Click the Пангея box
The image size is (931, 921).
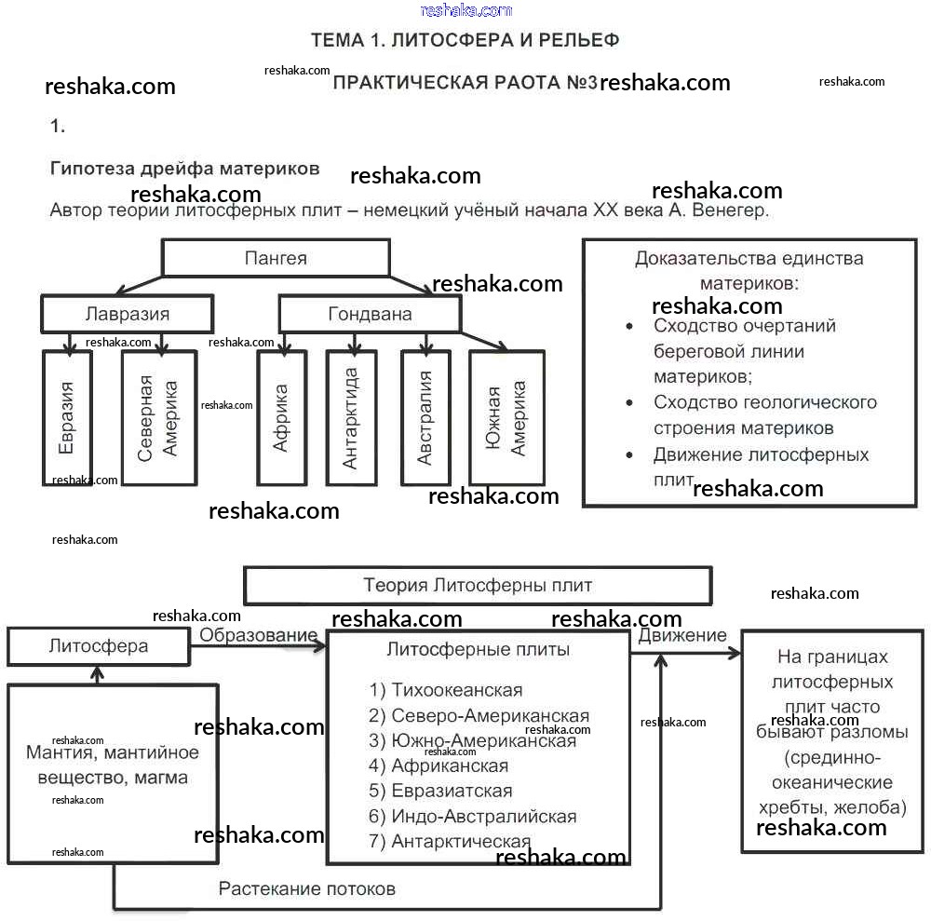tap(276, 258)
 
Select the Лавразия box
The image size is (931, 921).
tap(127, 314)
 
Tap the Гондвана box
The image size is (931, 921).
tap(370, 314)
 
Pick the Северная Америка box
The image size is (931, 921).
tap(158, 417)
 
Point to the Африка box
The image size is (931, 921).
tap(281, 417)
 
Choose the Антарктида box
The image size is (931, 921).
tap(351, 417)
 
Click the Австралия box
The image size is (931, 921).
tap(425, 417)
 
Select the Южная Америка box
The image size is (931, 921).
tap(506, 417)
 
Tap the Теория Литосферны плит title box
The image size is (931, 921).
tap(477, 586)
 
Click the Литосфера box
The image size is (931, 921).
tap(98, 646)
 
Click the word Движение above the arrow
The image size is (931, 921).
tap(682, 635)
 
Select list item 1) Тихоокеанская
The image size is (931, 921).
tap(446, 690)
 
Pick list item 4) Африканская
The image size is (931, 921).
tap(439, 765)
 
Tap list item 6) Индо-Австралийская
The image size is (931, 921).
tap(472, 816)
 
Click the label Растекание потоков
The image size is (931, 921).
tap(306, 888)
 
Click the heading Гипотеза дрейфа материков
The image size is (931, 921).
tap(184, 169)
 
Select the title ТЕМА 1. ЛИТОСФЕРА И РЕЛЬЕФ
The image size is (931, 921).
tap(465, 40)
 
